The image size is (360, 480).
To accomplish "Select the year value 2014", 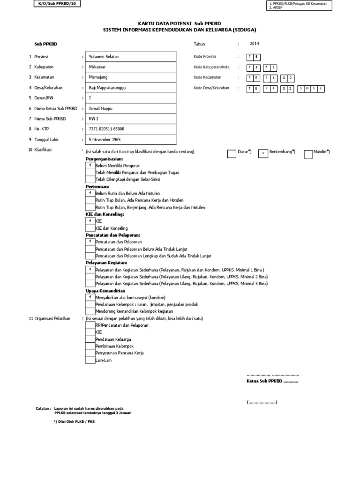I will point(254,44).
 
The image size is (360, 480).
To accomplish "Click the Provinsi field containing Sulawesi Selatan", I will point(104,57).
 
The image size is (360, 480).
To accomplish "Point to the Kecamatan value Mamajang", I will point(98,77).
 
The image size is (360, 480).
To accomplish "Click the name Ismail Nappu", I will point(101,108).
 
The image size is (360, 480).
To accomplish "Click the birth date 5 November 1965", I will point(106,139).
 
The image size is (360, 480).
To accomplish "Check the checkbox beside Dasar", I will point(232,153).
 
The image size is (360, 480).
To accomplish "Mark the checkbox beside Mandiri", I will point(308,153).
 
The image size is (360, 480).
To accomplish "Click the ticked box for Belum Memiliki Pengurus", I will point(90,166).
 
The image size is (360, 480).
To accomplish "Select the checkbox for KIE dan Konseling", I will point(90,228).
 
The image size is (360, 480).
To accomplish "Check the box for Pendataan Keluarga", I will point(90,338).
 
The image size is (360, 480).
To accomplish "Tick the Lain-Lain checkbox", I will point(90,360).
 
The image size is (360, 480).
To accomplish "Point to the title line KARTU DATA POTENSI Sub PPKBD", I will point(179,23).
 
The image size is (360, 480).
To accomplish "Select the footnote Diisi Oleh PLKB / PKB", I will point(74,422).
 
